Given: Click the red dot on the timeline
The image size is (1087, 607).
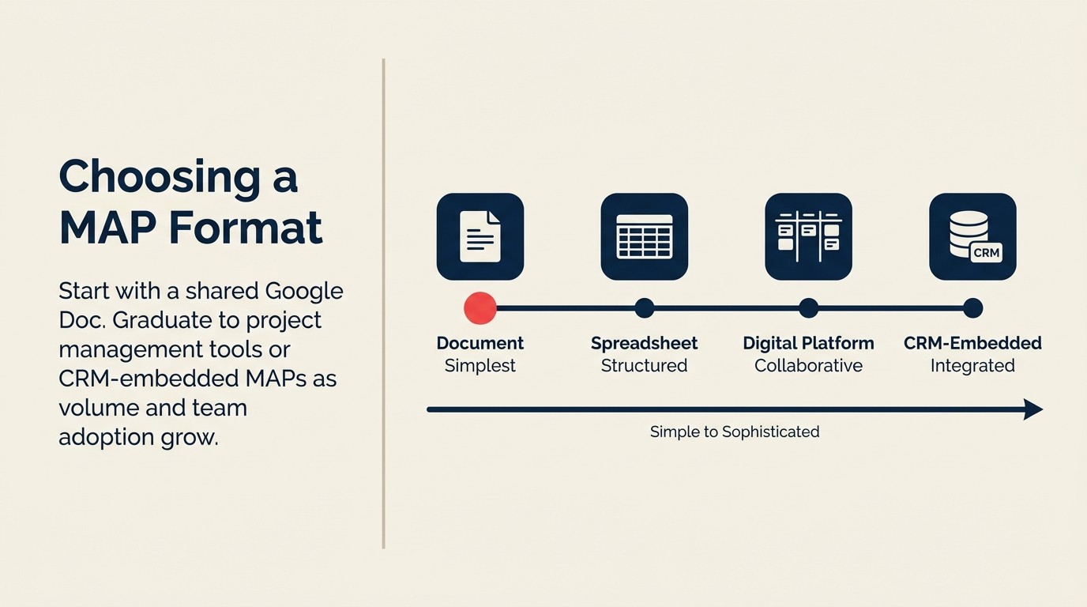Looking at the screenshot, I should (480, 308).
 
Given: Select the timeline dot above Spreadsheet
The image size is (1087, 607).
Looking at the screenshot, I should (645, 308).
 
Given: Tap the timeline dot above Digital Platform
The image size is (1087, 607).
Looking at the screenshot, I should (808, 308).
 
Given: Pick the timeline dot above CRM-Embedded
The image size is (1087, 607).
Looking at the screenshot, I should (972, 308).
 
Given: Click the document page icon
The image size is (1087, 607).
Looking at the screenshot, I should (480, 236).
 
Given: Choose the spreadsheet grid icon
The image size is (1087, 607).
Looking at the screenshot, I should (645, 236).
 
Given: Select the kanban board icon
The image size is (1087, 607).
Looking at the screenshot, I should (808, 236).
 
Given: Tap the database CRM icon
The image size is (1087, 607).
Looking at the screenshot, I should (972, 236).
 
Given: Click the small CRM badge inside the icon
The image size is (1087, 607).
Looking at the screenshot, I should (986, 253).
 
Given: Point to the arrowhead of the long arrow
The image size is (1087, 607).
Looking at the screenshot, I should (1033, 409).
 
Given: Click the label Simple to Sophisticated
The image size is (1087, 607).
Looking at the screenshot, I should (735, 432).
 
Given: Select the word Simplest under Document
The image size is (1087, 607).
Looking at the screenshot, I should (480, 366).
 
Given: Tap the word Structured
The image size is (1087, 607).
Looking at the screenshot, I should (645, 366).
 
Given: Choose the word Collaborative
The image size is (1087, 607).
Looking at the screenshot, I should (808, 366).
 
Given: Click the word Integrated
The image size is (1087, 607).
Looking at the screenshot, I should (972, 366).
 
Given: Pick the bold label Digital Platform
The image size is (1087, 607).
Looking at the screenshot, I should (808, 343).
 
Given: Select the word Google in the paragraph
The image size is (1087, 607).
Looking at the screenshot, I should (304, 291).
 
